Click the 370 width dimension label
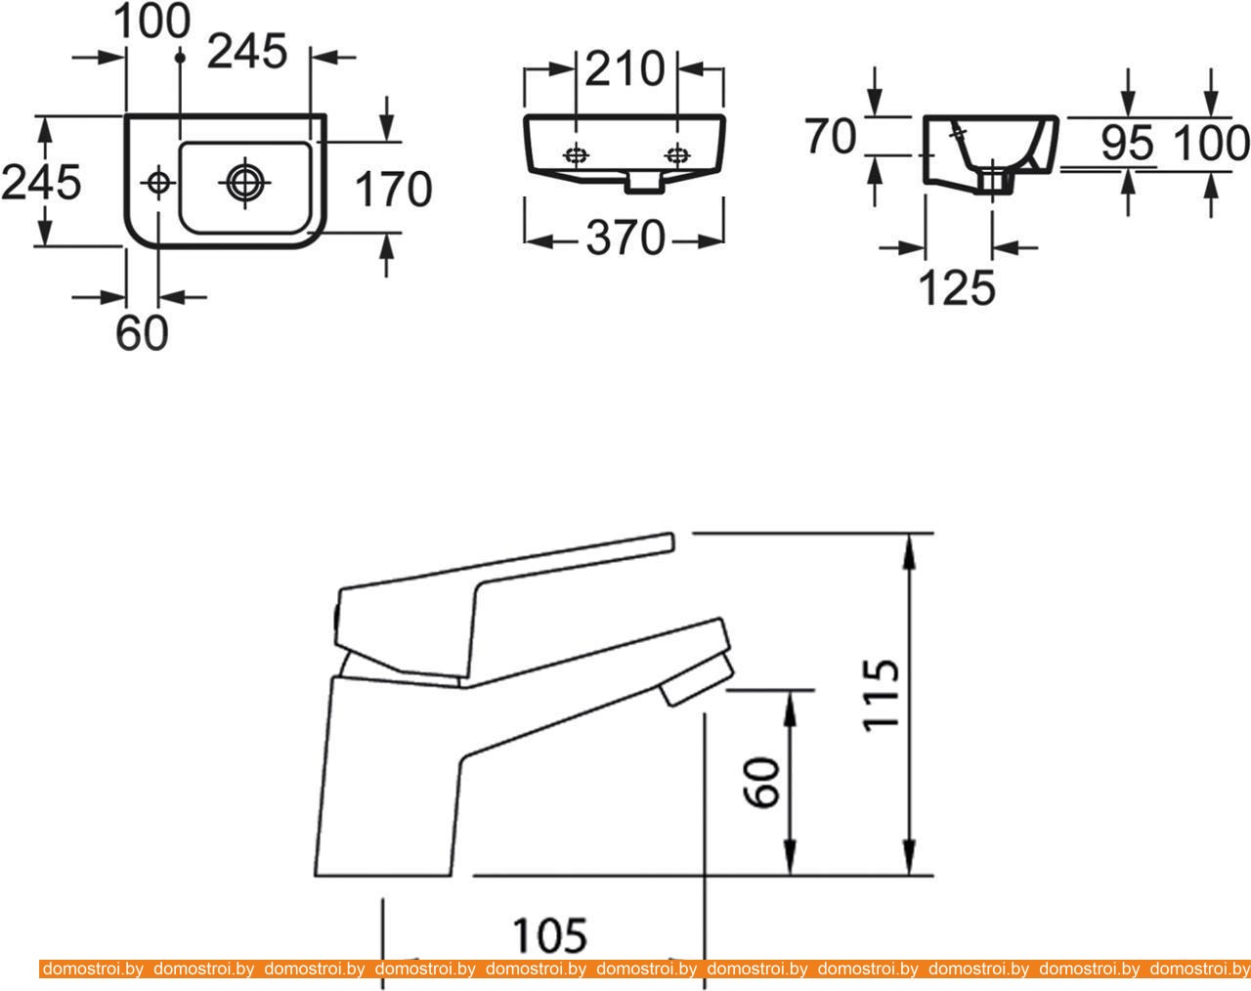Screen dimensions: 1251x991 click(625, 238)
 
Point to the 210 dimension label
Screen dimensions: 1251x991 click(625, 69)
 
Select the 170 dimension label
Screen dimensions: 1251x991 click(394, 189)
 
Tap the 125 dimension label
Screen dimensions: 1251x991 click(958, 288)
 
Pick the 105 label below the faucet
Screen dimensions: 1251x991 click(549, 935)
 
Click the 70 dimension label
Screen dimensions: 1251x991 click(831, 136)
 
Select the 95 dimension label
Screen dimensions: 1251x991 click(1127, 143)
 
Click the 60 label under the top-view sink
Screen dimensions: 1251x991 click(143, 333)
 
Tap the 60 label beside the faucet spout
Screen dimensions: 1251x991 click(762, 783)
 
